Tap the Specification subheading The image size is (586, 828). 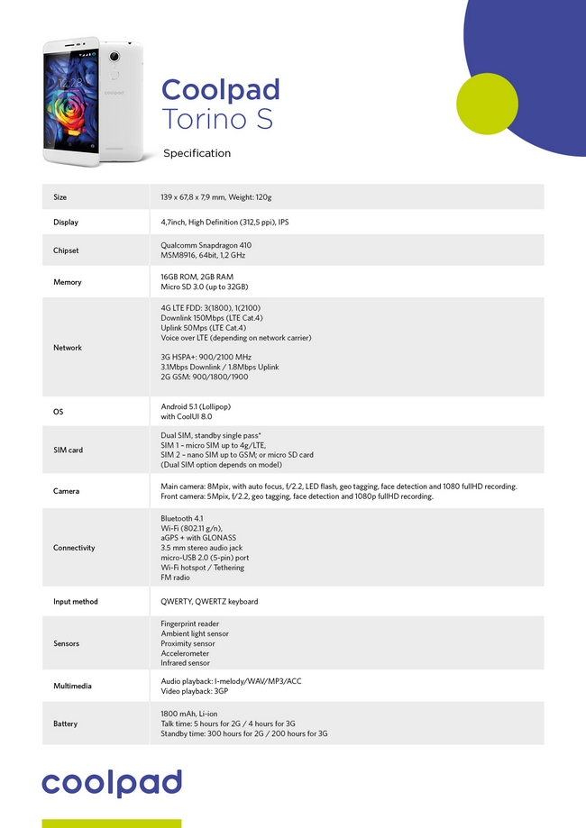point(197,153)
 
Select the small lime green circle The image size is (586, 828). point(487,104)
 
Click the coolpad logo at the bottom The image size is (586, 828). point(112,783)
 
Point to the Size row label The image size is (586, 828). point(60,197)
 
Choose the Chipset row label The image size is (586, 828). point(66,250)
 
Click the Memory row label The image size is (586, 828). point(68,282)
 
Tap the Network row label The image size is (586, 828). point(68,348)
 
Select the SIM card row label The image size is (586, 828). point(68,450)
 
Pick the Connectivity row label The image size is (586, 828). point(74,548)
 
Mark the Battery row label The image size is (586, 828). point(66,723)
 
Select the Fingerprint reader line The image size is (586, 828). point(189,623)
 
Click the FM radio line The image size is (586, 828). point(176,578)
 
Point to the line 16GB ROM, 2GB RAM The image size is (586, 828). point(197,277)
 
